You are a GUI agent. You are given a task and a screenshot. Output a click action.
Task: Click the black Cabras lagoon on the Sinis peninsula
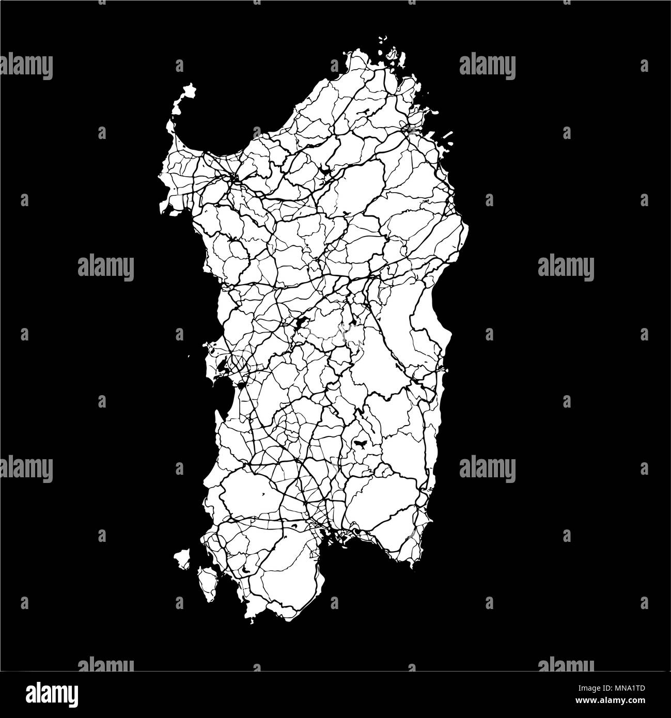tap(221, 368)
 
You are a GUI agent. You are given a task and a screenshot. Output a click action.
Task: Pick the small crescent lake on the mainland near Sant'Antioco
tap(244, 569)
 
